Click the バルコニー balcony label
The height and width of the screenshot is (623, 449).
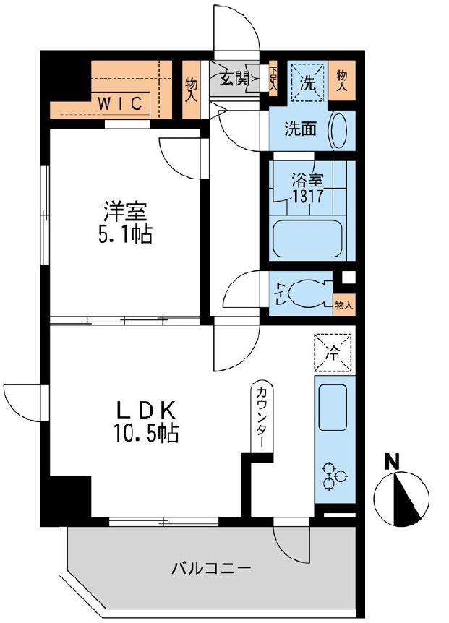pyautogui.click(x=211, y=568)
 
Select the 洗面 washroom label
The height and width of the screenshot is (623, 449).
pyautogui.click(x=299, y=129)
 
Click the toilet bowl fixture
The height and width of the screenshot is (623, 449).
pyautogui.click(x=309, y=294)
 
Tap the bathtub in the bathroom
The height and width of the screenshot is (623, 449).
pyautogui.click(x=312, y=239)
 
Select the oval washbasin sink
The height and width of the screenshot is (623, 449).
pyautogui.click(x=338, y=131)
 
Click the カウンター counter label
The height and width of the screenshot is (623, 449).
pyautogui.click(x=261, y=421)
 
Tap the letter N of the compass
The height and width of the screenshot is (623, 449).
pyautogui.click(x=393, y=460)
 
